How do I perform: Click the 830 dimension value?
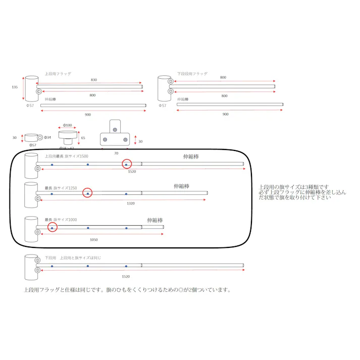point(94,80)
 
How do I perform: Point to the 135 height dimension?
point(15,87)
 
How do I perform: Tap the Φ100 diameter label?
point(68,125)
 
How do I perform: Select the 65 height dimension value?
point(83,137)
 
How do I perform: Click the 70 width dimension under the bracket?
point(116,152)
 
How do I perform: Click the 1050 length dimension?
point(94,239)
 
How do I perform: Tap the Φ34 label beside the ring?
point(47,137)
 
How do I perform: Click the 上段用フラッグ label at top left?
point(58,74)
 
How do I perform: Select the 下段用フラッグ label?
point(192,74)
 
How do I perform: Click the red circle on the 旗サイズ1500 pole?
point(126,164)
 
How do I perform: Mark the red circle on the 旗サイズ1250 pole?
point(87,193)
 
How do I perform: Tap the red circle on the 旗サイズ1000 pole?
point(52,227)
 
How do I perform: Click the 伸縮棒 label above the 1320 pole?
point(181,186)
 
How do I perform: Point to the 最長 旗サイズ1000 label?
point(61,220)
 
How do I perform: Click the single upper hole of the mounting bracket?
point(116,129)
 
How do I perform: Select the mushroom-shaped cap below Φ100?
point(68,138)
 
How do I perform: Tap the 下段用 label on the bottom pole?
point(50,258)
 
